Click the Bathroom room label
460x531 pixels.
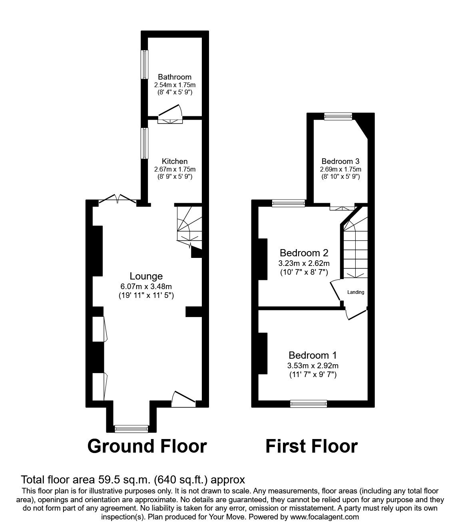click(x=175, y=77)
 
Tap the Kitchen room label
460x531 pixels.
click(x=175, y=161)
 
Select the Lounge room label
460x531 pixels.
click(x=146, y=276)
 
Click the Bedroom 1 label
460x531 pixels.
click(x=313, y=355)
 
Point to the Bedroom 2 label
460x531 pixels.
click(x=304, y=253)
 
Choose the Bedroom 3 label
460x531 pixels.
click(x=341, y=161)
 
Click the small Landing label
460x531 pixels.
click(x=355, y=292)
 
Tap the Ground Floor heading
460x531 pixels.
click(x=147, y=446)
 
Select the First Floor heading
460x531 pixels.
click(x=311, y=446)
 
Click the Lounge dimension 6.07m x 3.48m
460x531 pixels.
click(x=146, y=286)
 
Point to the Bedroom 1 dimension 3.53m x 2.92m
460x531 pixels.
click(x=313, y=365)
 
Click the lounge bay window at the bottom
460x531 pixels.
click(x=131, y=429)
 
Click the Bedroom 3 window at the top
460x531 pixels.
click(x=338, y=116)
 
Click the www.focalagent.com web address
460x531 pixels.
click(x=324, y=517)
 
